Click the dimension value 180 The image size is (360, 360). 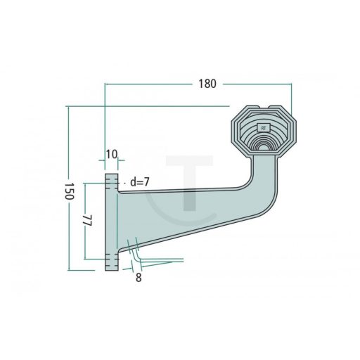[207, 84]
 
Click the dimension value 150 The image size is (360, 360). [70, 191]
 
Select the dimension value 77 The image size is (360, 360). [87, 220]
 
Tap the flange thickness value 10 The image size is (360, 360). [112, 154]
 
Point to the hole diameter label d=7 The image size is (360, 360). [140, 182]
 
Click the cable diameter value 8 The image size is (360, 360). [139, 278]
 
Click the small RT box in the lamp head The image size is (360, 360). [264, 128]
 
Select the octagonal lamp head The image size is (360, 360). [264, 131]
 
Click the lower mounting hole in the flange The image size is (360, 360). [111, 259]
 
